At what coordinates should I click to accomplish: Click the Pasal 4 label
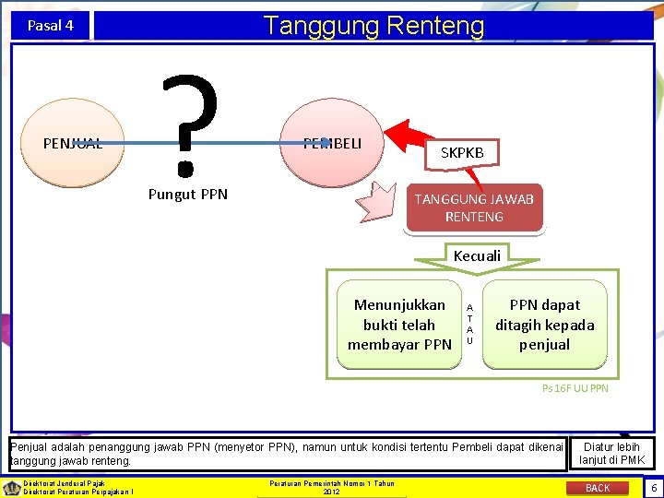(51, 26)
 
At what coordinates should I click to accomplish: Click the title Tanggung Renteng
(373, 25)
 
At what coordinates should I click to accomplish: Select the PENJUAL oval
(73, 143)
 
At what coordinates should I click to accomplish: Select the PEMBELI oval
(332, 143)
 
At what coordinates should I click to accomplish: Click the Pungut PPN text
(188, 194)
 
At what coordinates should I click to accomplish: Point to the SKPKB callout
(468, 152)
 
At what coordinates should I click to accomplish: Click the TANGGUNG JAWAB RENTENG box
(474, 207)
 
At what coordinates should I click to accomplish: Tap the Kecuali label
(477, 255)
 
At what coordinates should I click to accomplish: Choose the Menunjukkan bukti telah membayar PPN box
(399, 325)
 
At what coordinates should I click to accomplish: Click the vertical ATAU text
(469, 325)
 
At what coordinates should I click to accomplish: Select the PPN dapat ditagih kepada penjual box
(544, 325)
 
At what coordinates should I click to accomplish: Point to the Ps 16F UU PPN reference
(575, 388)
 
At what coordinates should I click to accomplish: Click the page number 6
(653, 487)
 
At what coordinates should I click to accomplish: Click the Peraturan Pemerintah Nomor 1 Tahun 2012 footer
(332, 487)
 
